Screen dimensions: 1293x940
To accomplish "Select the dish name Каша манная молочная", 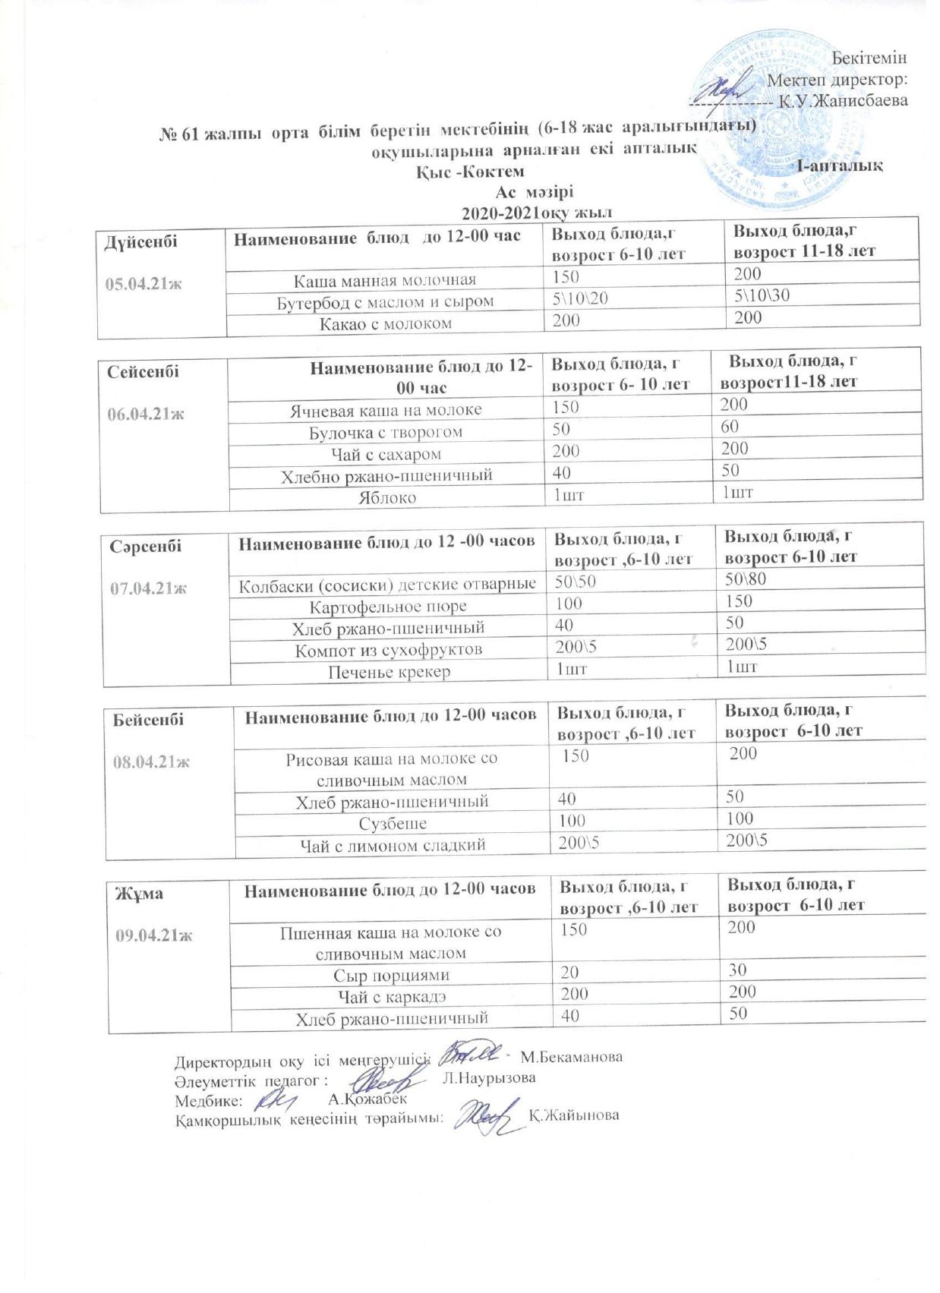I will pos(385,279).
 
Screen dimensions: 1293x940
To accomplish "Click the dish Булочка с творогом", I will pos(386,432).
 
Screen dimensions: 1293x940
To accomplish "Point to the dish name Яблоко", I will pos(387,498).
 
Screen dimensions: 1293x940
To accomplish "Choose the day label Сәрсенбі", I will pos(146,545).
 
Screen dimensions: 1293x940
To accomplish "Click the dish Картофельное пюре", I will pos(388,606).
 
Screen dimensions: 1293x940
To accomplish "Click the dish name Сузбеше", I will pos(392,823).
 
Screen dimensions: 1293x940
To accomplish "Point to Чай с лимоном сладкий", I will pos(392,845).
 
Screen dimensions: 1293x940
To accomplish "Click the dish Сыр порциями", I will pos(392,975).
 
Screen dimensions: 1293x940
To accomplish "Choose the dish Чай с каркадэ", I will pos(392,996).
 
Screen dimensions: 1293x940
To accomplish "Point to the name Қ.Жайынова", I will pos(573,1115).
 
